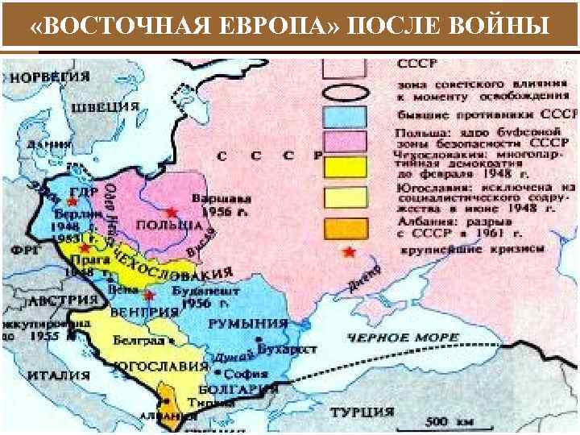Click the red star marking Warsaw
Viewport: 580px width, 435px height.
click(172, 211)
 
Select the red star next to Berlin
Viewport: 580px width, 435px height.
click(73, 201)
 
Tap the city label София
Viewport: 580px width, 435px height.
click(242, 375)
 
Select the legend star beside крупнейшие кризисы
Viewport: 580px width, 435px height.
click(348, 252)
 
